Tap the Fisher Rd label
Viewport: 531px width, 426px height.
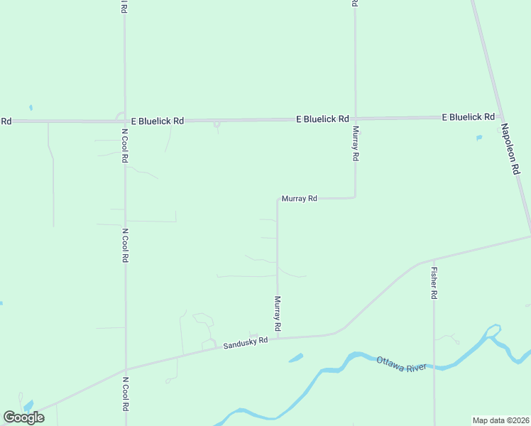[434, 283]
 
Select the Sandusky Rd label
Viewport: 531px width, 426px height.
[246, 343]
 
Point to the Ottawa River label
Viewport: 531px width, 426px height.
[402, 364]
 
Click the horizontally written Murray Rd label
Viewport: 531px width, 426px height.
[299, 199]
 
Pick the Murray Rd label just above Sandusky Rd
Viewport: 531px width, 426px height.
[278, 314]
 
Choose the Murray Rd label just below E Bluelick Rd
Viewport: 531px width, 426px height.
[356, 143]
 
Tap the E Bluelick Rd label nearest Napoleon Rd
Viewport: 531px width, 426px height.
[468, 116]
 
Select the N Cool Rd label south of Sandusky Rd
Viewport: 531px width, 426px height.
[125, 395]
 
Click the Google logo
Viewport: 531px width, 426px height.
[23, 417]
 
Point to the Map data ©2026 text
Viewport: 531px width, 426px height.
[500, 420]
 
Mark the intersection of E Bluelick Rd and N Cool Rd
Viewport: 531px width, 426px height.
[125, 121]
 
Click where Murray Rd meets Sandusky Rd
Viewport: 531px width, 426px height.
[278, 338]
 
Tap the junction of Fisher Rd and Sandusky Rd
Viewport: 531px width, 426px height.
[434, 260]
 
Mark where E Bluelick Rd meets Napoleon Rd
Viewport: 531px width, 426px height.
[501, 116]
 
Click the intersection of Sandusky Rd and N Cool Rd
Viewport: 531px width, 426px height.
[126, 369]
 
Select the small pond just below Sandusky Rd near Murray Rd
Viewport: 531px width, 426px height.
[296, 358]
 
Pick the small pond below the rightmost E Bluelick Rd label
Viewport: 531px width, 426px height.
[479, 137]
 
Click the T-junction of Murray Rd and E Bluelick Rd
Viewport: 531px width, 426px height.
[355, 118]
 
